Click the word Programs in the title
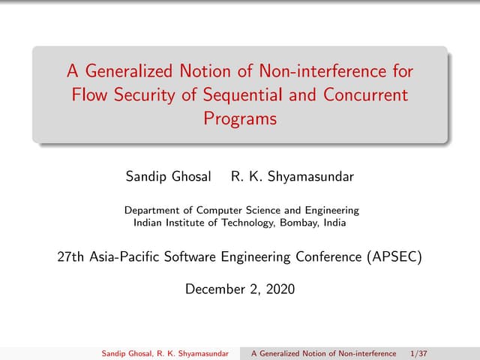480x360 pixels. [x=240, y=118]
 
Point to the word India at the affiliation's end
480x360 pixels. [x=334, y=222]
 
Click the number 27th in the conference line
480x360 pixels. [x=71, y=257]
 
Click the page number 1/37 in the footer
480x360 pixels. [x=420, y=353]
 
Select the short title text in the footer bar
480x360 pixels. [x=323, y=353]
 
